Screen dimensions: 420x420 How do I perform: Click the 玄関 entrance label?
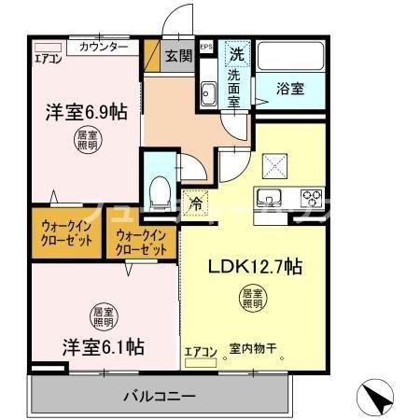(x=179, y=55)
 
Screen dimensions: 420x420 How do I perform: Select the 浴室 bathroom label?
(x=290, y=90)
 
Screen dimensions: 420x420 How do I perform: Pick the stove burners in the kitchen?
(x=310, y=198)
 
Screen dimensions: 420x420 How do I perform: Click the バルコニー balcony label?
(x=160, y=396)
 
